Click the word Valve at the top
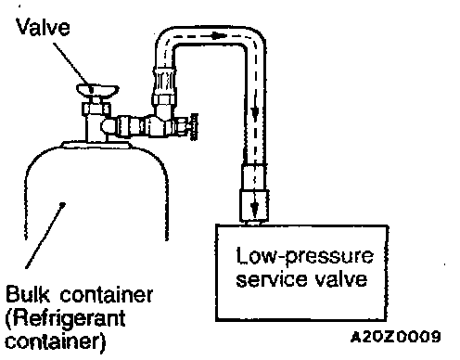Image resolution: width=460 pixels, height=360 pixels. [x=44, y=27]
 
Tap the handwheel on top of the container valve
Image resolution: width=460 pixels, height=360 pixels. [x=97, y=90]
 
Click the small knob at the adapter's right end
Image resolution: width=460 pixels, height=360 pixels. [x=194, y=126]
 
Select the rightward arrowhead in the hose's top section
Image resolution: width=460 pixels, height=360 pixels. [x=219, y=35]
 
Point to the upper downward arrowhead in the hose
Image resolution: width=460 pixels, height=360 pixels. [x=255, y=114]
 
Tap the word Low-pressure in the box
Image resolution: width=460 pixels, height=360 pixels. [x=305, y=256]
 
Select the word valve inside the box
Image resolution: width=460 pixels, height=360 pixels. [x=337, y=278]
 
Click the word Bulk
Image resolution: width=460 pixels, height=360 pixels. [x=28, y=294]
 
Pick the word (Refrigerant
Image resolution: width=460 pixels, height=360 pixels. [x=65, y=318]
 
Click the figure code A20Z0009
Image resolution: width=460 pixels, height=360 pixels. [x=396, y=336]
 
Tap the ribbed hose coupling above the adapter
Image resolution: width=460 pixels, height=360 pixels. [x=164, y=81]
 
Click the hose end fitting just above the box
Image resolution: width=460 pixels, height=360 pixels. [x=254, y=192]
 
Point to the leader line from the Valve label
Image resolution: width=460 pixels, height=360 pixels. [x=73, y=67]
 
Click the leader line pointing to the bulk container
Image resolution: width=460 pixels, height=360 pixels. [x=45, y=236]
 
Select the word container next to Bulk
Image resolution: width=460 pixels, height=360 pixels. [x=106, y=295]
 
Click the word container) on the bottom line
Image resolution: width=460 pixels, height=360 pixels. [x=56, y=341]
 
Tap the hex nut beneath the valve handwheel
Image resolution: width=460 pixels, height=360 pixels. [x=96, y=109]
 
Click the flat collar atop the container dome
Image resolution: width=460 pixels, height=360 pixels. [x=96, y=144]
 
